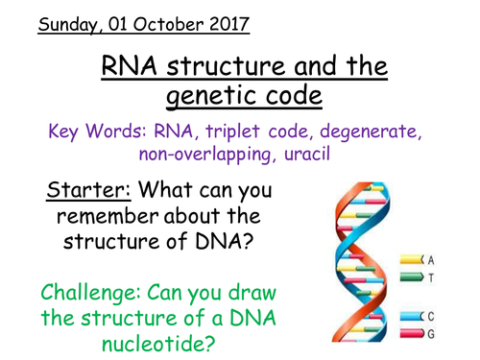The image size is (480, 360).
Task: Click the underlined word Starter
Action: (x=80, y=191)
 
